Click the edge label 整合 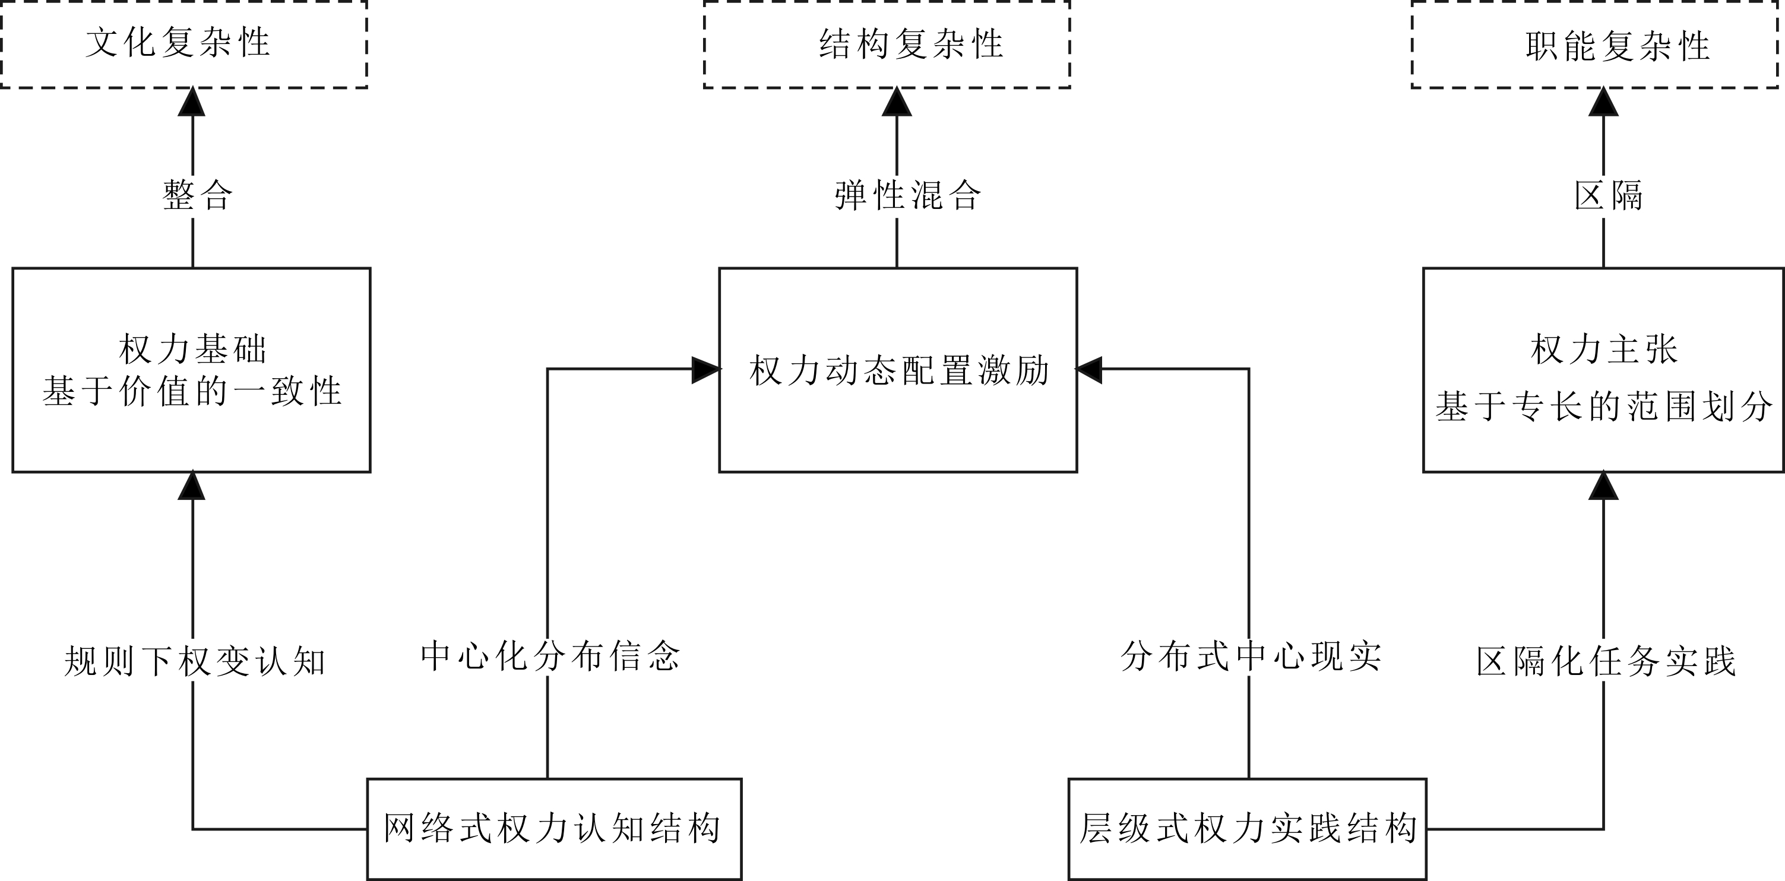[197, 195]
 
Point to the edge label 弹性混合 [907, 195]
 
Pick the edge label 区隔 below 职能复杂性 [1608, 195]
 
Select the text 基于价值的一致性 [192, 391]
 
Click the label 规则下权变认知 [195, 661]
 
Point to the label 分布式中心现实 [1251, 656]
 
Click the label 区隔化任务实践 [1606, 661]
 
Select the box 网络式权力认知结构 [553, 828]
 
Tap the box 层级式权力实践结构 [1247, 828]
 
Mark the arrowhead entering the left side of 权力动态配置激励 [705, 370]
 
